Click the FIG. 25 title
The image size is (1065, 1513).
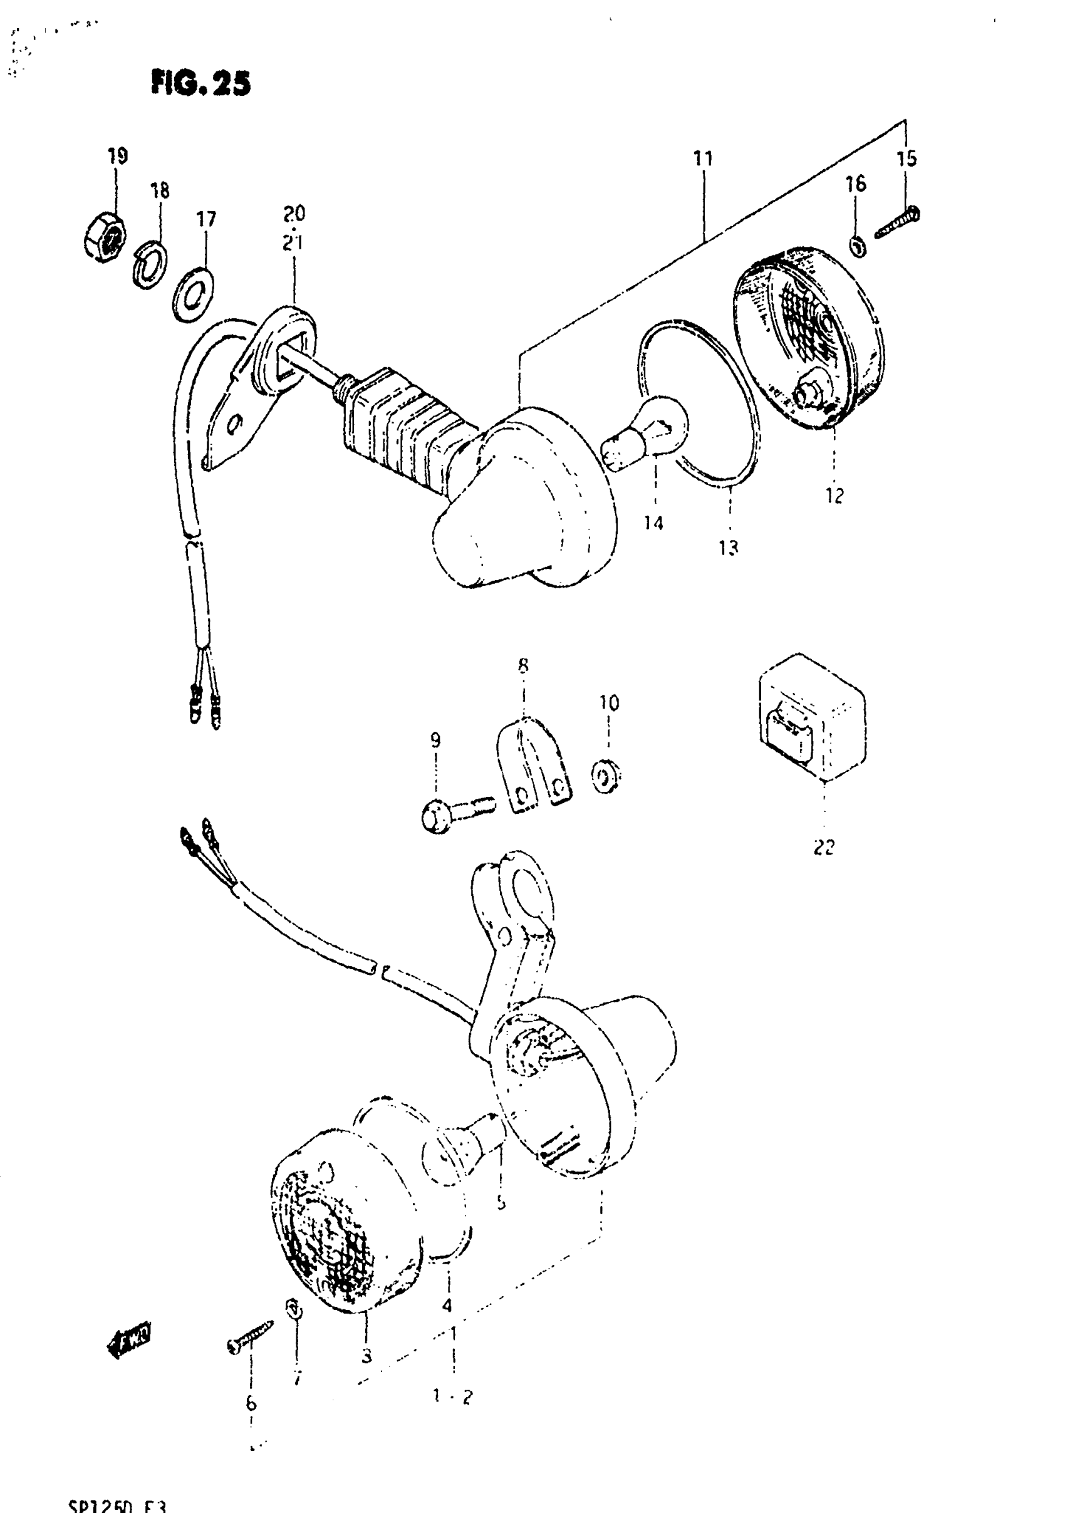[x=200, y=84]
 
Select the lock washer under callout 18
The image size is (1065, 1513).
[x=150, y=265]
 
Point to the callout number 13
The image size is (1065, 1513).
[x=728, y=547]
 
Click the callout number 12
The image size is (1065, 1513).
[x=834, y=496]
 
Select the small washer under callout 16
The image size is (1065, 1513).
[x=858, y=247]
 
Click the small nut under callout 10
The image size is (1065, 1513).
[x=607, y=776]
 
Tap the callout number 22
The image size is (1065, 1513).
[x=824, y=847]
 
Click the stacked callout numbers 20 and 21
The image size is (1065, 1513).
[x=294, y=228]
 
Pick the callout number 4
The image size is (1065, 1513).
[x=447, y=1306]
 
